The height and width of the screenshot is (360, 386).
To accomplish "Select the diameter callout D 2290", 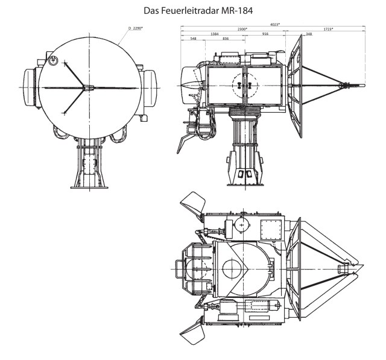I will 138,28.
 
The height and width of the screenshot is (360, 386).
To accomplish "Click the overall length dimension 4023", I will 274,25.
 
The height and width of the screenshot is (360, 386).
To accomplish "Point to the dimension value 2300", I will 242,30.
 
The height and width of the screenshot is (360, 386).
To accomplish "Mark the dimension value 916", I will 265,34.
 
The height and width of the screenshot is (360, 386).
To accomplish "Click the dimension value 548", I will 193,39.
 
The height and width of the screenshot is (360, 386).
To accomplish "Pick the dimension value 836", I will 225,39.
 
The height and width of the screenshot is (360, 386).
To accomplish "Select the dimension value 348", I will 308,34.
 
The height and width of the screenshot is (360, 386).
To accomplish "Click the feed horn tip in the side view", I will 362,86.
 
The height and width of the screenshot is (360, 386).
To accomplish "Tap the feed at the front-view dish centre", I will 88,88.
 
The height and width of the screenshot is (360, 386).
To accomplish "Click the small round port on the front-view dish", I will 53,60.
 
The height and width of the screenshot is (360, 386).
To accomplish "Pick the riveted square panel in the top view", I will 270,228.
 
